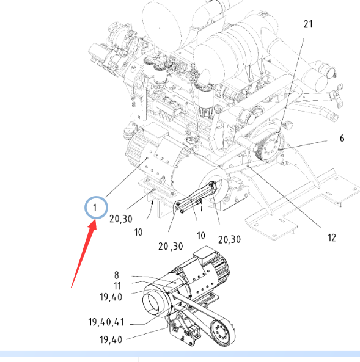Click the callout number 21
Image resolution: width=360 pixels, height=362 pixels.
308,24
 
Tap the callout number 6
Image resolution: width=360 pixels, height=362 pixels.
342,139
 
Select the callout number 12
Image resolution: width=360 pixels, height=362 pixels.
332,238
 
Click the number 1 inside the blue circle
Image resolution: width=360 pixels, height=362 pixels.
95,208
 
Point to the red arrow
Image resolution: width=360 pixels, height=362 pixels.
84,253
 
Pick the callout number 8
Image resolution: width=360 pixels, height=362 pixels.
117,275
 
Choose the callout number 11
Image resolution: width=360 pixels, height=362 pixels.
117,286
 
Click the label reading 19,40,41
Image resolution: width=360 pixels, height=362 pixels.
106,322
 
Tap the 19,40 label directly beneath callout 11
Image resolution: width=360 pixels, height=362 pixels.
111,297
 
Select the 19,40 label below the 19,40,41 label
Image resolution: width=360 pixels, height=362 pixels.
111,340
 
